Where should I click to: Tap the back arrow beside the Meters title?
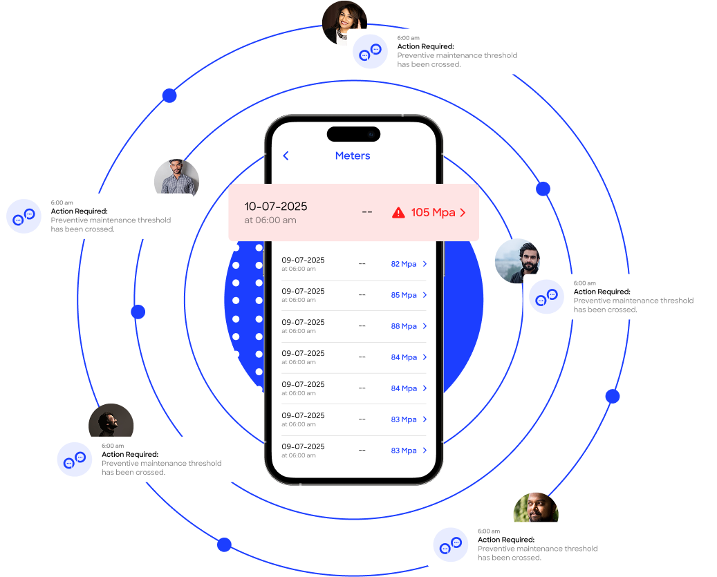point(286,156)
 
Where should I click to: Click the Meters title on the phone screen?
point(353,156)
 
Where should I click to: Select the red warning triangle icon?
point(398,213)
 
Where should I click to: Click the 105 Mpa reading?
point(433,213)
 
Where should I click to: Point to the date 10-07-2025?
point(275,207)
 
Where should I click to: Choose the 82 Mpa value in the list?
point(404,264)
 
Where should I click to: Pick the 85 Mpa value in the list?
point(404,295)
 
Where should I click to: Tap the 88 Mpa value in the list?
point(404,326)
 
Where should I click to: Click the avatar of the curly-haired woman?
point(344,21)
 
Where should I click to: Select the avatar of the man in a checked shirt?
point(176,178)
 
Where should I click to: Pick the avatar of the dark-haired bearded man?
point(517,261)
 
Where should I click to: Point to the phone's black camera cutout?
point(353,134)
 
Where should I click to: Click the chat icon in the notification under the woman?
point(370,52)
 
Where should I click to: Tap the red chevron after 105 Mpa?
point(463,213)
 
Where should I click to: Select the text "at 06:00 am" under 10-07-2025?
point(270,220)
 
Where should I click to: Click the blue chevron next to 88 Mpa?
point(425,326)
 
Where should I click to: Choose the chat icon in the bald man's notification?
point(451,545)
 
